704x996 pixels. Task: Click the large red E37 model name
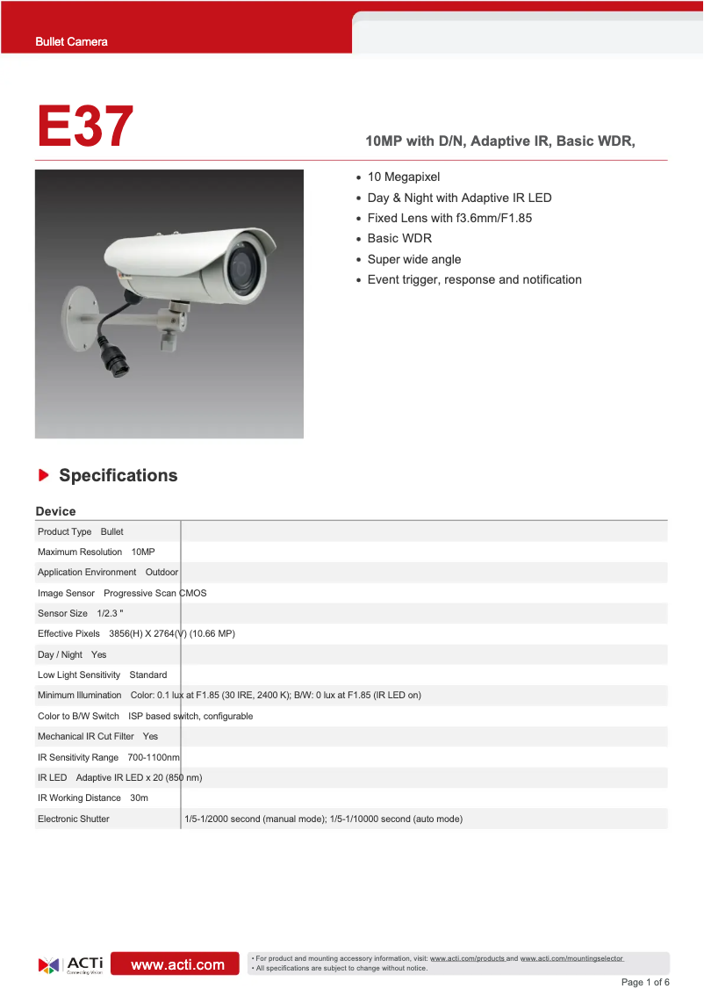click(x=85, y=126)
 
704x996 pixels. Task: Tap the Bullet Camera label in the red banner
click(x=71, y=41)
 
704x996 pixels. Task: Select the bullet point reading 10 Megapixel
click(x=403, y=177)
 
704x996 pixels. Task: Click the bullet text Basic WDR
click(x=399, y=238)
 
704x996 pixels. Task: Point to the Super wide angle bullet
click(x=413, y=259)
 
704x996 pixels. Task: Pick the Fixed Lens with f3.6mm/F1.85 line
click(x=449, y=218)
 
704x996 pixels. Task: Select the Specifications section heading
click(x=118, y=475)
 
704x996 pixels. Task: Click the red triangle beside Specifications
click(x=43, y=475)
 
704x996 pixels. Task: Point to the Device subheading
click(x=55, y=511)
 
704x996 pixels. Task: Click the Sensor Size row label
click(x=62, y=613)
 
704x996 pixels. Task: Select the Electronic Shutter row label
click(x=74, y=819)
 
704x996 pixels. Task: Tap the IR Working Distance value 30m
click(x=139, y=798)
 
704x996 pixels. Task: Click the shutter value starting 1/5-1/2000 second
click(x=323, y=819)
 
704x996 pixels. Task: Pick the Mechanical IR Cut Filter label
click(x=85, y=736)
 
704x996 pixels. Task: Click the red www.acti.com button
click(x=177, y=964)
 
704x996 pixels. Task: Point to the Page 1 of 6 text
click(x=645, y=982)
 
